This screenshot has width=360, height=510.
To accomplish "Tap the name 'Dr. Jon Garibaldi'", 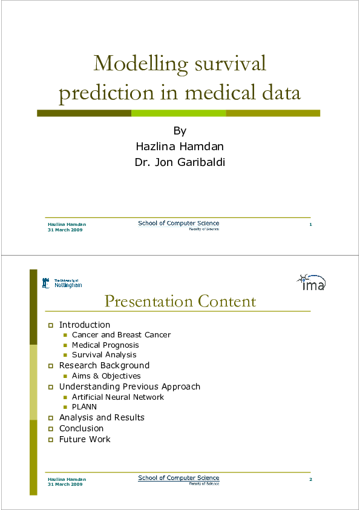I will [x=180, y=162].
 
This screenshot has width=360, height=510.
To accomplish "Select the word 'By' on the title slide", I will [x=180, y=131].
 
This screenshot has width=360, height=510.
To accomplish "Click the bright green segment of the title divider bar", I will [x=178, y=113].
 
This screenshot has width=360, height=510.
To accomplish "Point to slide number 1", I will [x=310, y=225].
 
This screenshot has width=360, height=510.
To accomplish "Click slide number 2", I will [x=310, y=480].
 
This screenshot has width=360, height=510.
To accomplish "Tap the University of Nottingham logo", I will [x=62, y=283].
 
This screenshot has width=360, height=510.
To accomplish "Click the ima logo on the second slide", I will [x=311, y=282].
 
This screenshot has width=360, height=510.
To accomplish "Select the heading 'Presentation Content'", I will [x=180, y=301].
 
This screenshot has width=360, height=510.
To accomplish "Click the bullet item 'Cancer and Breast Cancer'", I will [x=121, y=334].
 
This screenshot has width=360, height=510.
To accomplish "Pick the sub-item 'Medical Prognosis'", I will [x=105, y=345].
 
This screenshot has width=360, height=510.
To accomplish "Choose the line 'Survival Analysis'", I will [x=104, y=355].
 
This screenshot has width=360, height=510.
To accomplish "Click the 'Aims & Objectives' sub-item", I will [x=106, y=376].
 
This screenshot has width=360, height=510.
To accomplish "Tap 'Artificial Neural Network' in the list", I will [x=118, y=397].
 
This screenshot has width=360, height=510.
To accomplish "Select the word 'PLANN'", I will [x=84, y=407].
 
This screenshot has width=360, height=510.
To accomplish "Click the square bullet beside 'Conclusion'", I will [x=51, y=429].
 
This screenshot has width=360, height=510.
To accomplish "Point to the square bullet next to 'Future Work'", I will [x=51, y=440].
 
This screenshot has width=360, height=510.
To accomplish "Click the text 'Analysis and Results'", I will [x=102, y=417].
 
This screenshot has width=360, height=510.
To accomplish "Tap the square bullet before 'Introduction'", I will [x=51, y=325].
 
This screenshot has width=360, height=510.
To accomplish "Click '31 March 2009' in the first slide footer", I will [x=65, y=230].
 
